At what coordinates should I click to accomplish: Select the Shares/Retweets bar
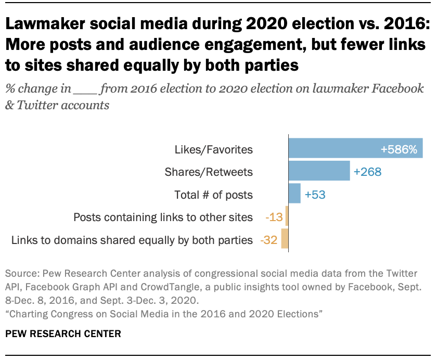pyautogui.click(x=319, y=172)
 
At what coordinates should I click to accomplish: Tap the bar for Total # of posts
pyautogui.click(x=294, y=195)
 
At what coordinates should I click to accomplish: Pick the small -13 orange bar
pyautogui.click(x=287, y=217)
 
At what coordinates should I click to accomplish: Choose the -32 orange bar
pyautogui.click(x=285, y=240)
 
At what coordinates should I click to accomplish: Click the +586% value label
pyautogui.click(x=399, y=150)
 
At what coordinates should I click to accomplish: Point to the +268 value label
pyautogui.click(x=367, y=172)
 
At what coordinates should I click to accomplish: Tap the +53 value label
pyautogui.click(x=315, y=195)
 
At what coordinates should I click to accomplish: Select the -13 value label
pyautogui.click(x=273, y=217)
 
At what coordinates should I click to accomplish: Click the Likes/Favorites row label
pyautogui.click(x=214, y=150)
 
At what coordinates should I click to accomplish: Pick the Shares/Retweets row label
pyautogui.click(x=209, y=172)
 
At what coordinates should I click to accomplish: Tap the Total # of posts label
pyautogui.click(x=213, y=195)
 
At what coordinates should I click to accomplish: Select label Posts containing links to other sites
pyautogui.click(x=163, y=217)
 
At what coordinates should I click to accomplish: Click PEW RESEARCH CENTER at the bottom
pyautogui.click(x=63, y=333)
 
